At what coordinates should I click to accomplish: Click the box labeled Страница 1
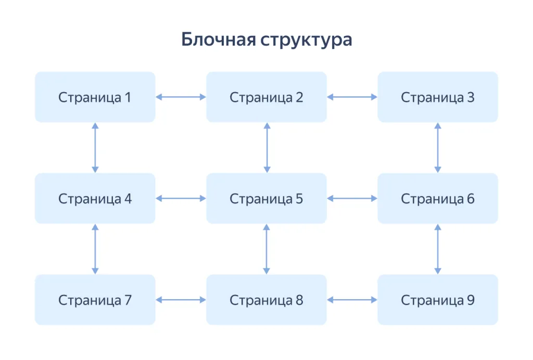pyautogui.click(x=95, y=97)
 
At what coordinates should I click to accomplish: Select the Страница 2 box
pyautogui.click(x=266, y=97)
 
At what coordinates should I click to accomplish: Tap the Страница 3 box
pyautogui.click(x=437, y=97)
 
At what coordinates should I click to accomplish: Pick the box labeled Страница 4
pyautogui.click(x=95, y=199)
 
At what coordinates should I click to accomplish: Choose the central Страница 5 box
pyautogui.click(x=266, y=199)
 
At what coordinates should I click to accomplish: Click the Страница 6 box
pyautogui.click(x=437, y=199)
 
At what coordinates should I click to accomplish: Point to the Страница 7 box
pyautogui.click(x=95, y=300)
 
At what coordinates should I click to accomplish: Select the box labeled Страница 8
pyautogui.click(x=266, y=300)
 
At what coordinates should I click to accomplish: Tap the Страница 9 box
pyautogui.click(x=437, y=300)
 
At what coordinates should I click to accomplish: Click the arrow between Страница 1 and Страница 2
pyautogui.click(x=181, y=97)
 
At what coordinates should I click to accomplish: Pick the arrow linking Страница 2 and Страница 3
pyautogui.click(x=352, y=97)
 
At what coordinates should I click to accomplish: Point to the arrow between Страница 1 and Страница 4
pyautogui.click(x=95, y=148)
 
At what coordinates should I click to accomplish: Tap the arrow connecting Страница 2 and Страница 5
pyautogui.click(x=266, y=148)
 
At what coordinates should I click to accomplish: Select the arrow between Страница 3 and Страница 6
pyautogui.click(x=438, y=148)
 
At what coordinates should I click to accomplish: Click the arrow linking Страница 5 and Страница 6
pyautogui.click(x=352, y=198)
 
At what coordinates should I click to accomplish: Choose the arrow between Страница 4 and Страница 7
pyautogui.click(x=95, y=249)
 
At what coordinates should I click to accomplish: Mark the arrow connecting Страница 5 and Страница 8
pyautogui.click(x=266, y=249)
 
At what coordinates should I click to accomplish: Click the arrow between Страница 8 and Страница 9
pyautogui.click(x=352, y=300)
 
